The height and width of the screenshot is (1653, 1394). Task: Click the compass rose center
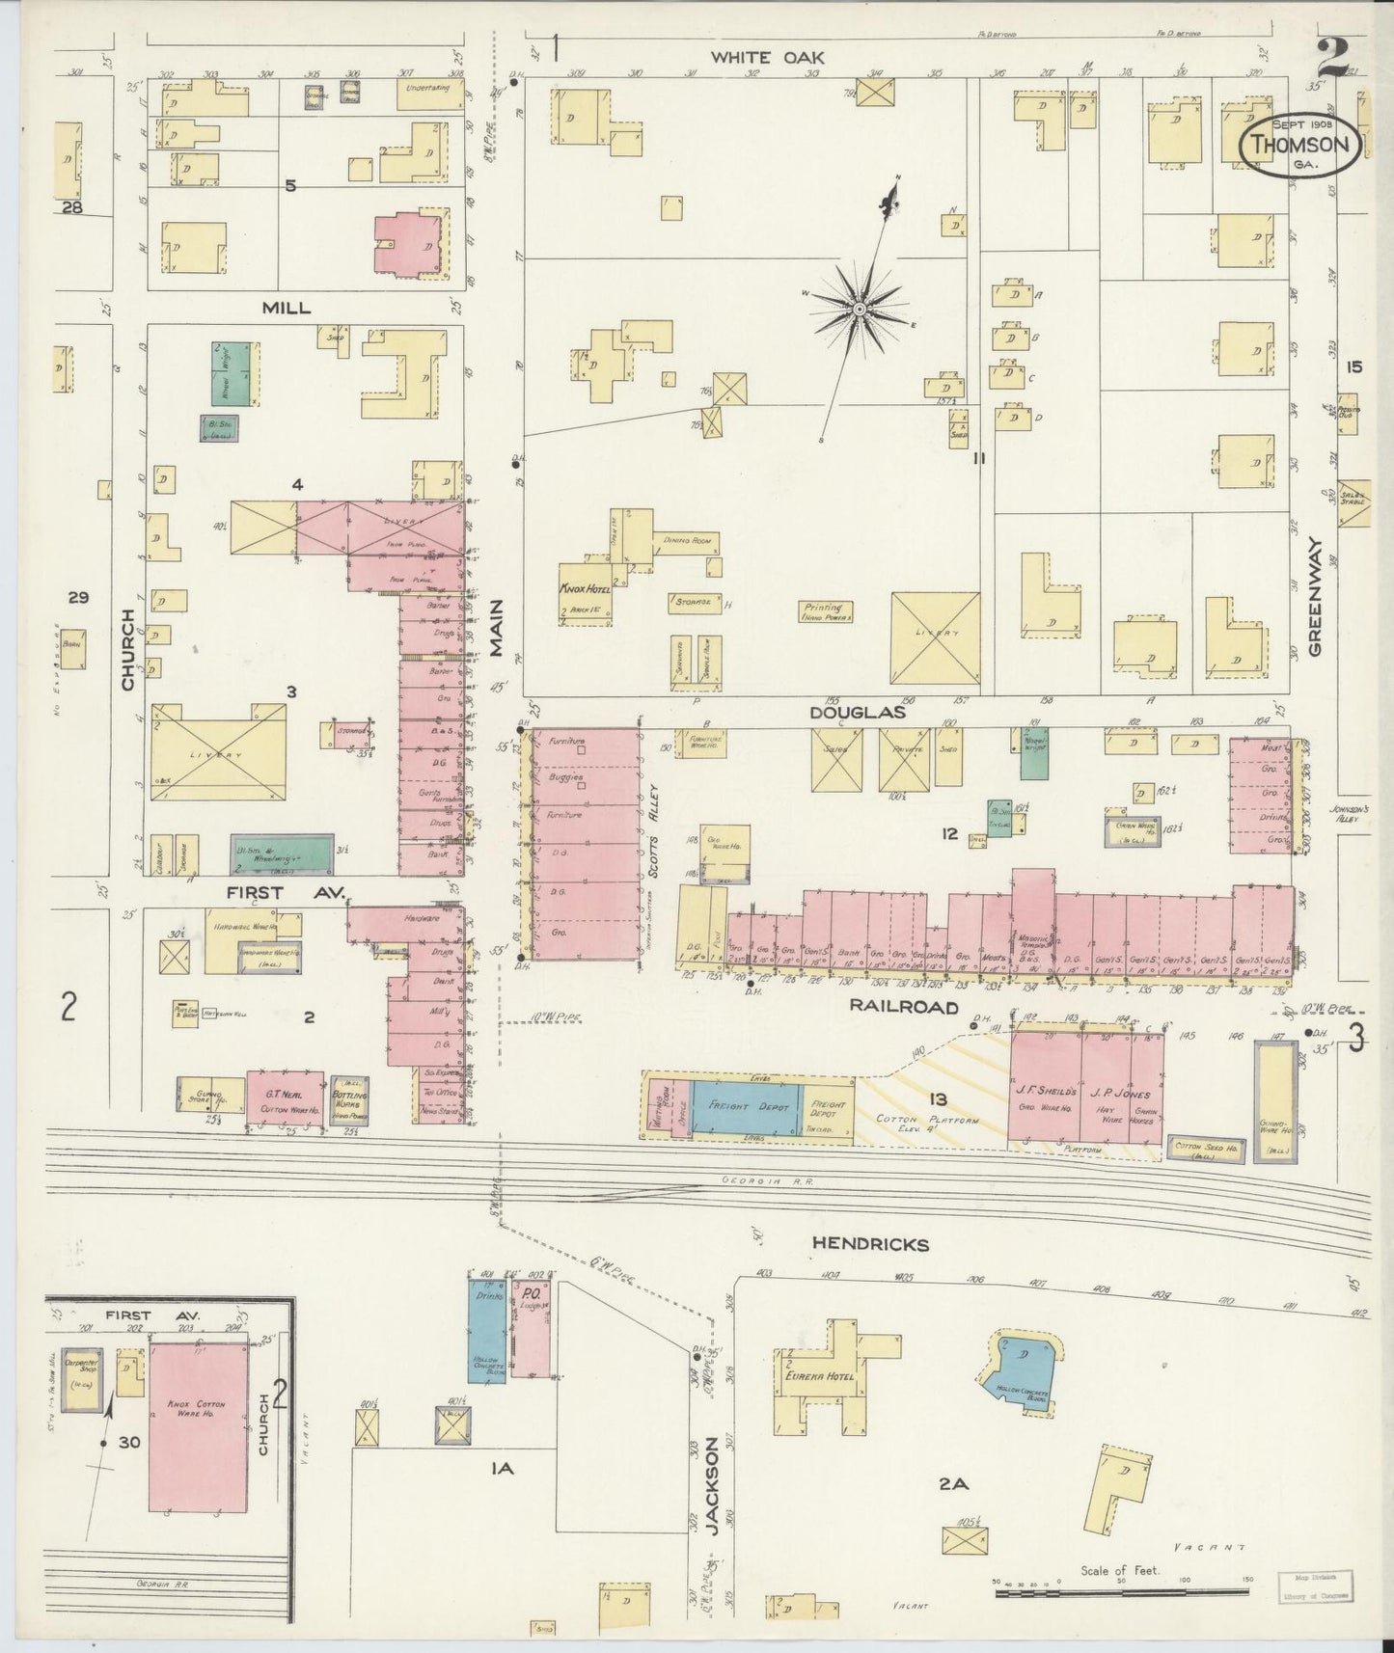pyautogui.click(x=858, y=309)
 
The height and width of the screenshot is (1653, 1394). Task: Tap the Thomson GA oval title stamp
pyautogui.click(x=1300, y=145)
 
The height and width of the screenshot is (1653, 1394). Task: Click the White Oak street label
pyautogui.click(x=754, y=58)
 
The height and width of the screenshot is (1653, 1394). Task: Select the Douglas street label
pyautogui.click(x=857, y=713)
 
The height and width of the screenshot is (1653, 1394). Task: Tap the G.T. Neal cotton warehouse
pyautogui.click(x=285, y=1101)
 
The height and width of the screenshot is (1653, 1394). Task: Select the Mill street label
pyautogui.click(x=286, y=308)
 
